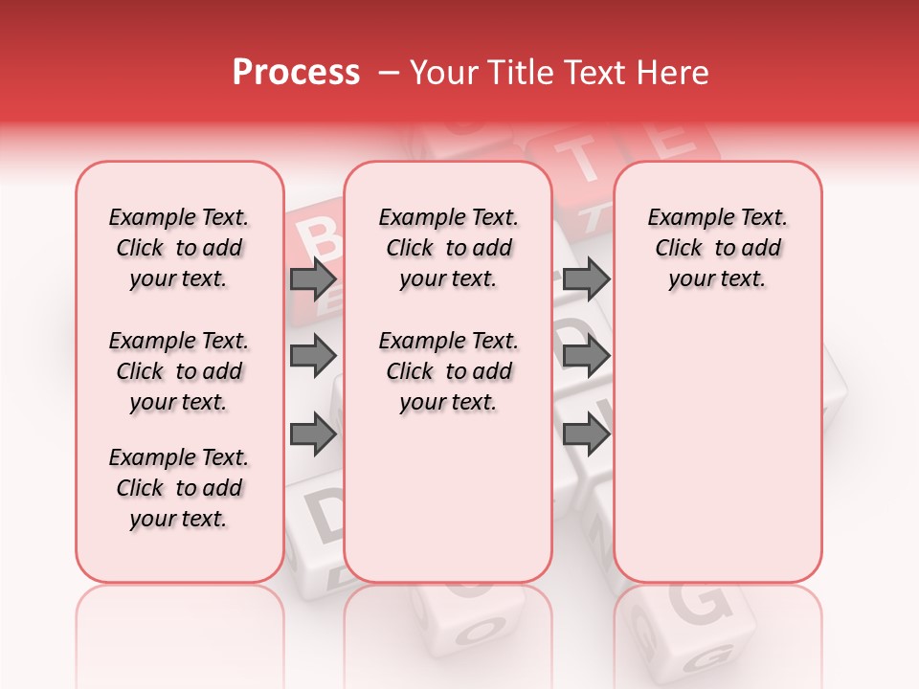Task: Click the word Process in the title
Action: pos(296,73)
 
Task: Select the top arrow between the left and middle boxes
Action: pos(313,279)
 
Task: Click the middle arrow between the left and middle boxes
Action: pos(313,357)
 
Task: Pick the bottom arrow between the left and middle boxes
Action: pos(313,434)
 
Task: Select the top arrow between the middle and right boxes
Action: pos(586,279)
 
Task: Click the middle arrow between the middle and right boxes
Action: pos(586,357)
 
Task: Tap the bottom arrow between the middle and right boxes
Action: pos(586,434)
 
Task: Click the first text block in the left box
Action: pos(179,248)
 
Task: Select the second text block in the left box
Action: pos(179,371)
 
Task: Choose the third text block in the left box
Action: pos(179,488)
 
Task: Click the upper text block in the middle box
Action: pos(448,248)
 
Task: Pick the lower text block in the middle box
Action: pos(448,371)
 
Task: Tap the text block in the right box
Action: pos(717,248)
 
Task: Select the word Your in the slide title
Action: pos(444,73)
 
